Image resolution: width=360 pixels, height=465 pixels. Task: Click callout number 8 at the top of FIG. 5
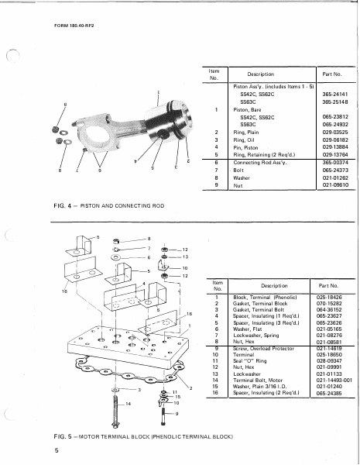[x=149, y=238]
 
